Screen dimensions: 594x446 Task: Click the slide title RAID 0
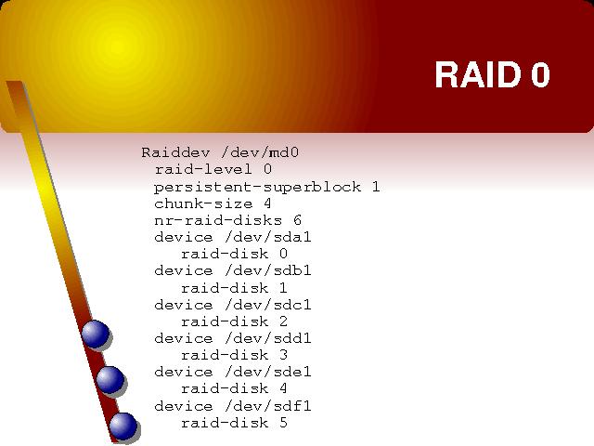[493, 74]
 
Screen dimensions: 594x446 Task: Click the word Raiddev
[175, 152]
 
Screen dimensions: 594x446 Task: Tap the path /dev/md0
[260, 152]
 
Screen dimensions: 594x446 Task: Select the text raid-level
[203, 169]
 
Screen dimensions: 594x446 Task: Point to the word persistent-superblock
[257, 187]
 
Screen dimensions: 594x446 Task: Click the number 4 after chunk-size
[267, 203]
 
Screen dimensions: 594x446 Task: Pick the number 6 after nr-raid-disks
[297, 220]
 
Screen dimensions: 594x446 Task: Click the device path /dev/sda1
[268, 237]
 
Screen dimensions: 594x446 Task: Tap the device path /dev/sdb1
[268, 270]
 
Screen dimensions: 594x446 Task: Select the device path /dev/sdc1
[268, 305]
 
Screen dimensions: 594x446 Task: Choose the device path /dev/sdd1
[268, 338]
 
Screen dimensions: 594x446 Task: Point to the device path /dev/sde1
[268, 372]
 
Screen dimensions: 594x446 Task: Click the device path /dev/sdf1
[268, 406]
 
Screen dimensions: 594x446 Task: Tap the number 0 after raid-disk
[283, 254]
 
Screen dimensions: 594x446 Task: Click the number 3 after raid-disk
[283, 355]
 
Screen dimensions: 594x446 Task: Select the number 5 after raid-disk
[283, 423]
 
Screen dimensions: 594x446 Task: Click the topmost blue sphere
[95, 334]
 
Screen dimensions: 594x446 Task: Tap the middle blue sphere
[110, 380]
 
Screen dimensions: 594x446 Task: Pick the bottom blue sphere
[123, 426]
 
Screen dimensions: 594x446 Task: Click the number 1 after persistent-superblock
[375, 187]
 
